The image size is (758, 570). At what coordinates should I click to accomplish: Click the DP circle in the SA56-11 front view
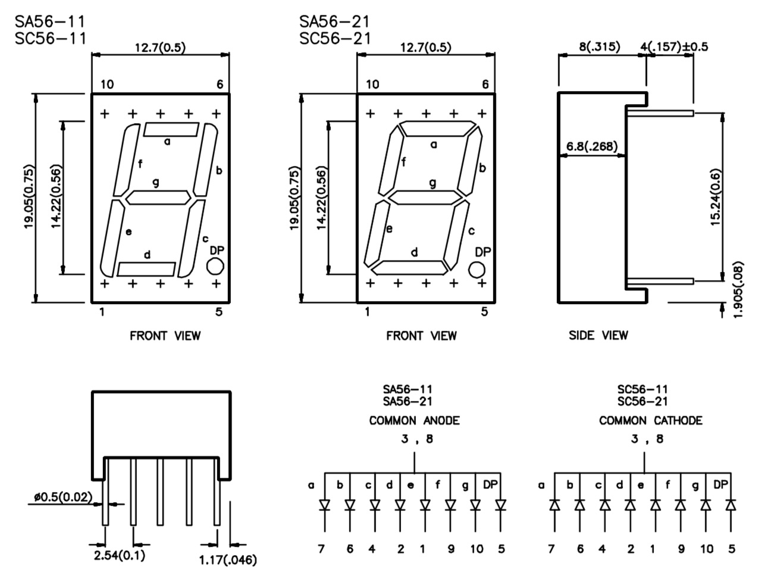click(x=215, y=266)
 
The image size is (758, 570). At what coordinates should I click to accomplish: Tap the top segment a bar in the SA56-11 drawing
click(x=171, y=129)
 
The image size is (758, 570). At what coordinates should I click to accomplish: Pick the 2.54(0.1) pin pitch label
click(x=119, y=556)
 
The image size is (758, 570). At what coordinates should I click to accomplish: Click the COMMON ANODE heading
click(x=414, y=421)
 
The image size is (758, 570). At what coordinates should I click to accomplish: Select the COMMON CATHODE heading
click(x=650, y=421)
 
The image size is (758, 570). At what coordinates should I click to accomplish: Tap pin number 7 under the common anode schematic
click(x=321, y=549)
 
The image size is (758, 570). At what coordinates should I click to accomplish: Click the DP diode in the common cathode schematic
click(x=731, y=505)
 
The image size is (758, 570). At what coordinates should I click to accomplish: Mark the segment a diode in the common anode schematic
click(x=325, y=505)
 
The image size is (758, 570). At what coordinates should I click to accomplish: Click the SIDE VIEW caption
click(x=598, y=336)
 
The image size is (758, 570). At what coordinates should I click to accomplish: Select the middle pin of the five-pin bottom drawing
click(x=160, y=491)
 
